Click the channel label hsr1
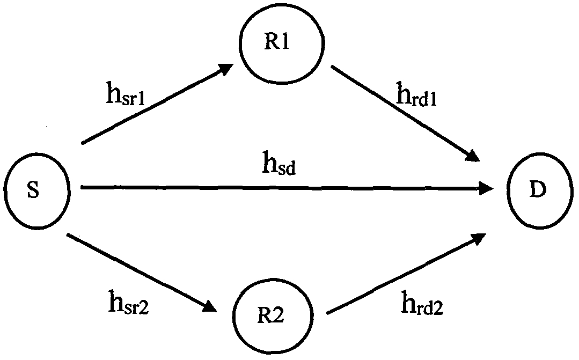(126, 93)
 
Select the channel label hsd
(279, 164)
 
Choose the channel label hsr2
(128, 302)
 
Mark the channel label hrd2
(422, 303)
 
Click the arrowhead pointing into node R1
(225, 69)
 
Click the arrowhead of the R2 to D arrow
(479, 239)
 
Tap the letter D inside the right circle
(538, 190)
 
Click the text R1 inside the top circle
(276, 42)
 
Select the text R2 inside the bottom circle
(270, 315)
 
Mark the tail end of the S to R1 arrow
(82, 143)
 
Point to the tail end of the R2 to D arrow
(327, 313)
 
